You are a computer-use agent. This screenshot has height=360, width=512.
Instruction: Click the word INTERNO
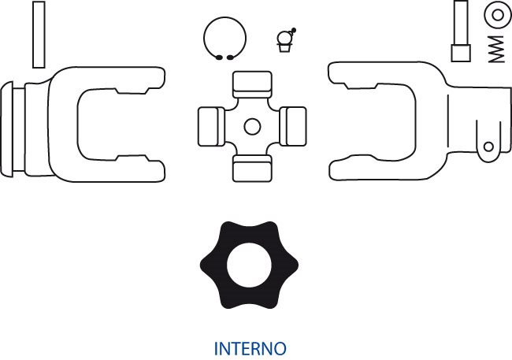pos(250,348)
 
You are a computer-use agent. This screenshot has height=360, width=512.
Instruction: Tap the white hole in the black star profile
pos(249,265)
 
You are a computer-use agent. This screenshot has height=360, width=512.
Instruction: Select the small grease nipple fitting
pos(286,40)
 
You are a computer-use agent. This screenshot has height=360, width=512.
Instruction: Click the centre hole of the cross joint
pos(252,126)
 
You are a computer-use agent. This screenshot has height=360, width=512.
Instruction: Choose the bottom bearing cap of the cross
pos(252,169)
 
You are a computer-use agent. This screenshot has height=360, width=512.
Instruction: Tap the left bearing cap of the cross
pos(211,126)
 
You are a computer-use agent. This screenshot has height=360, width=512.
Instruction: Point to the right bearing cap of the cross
pos(293,126)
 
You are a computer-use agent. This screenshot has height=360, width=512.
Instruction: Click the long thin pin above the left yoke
pos(39,35)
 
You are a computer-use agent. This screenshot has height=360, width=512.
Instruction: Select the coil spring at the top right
pos(496,49)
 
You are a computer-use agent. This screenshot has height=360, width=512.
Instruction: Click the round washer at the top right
pos(498,15)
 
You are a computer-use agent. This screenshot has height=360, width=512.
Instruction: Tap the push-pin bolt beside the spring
pos(461,32)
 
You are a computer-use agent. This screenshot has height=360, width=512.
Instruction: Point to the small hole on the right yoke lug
pos(488,147)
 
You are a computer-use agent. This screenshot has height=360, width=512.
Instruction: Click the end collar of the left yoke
pos(6,129)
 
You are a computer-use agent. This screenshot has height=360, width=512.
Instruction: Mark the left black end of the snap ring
pos(219,58)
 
